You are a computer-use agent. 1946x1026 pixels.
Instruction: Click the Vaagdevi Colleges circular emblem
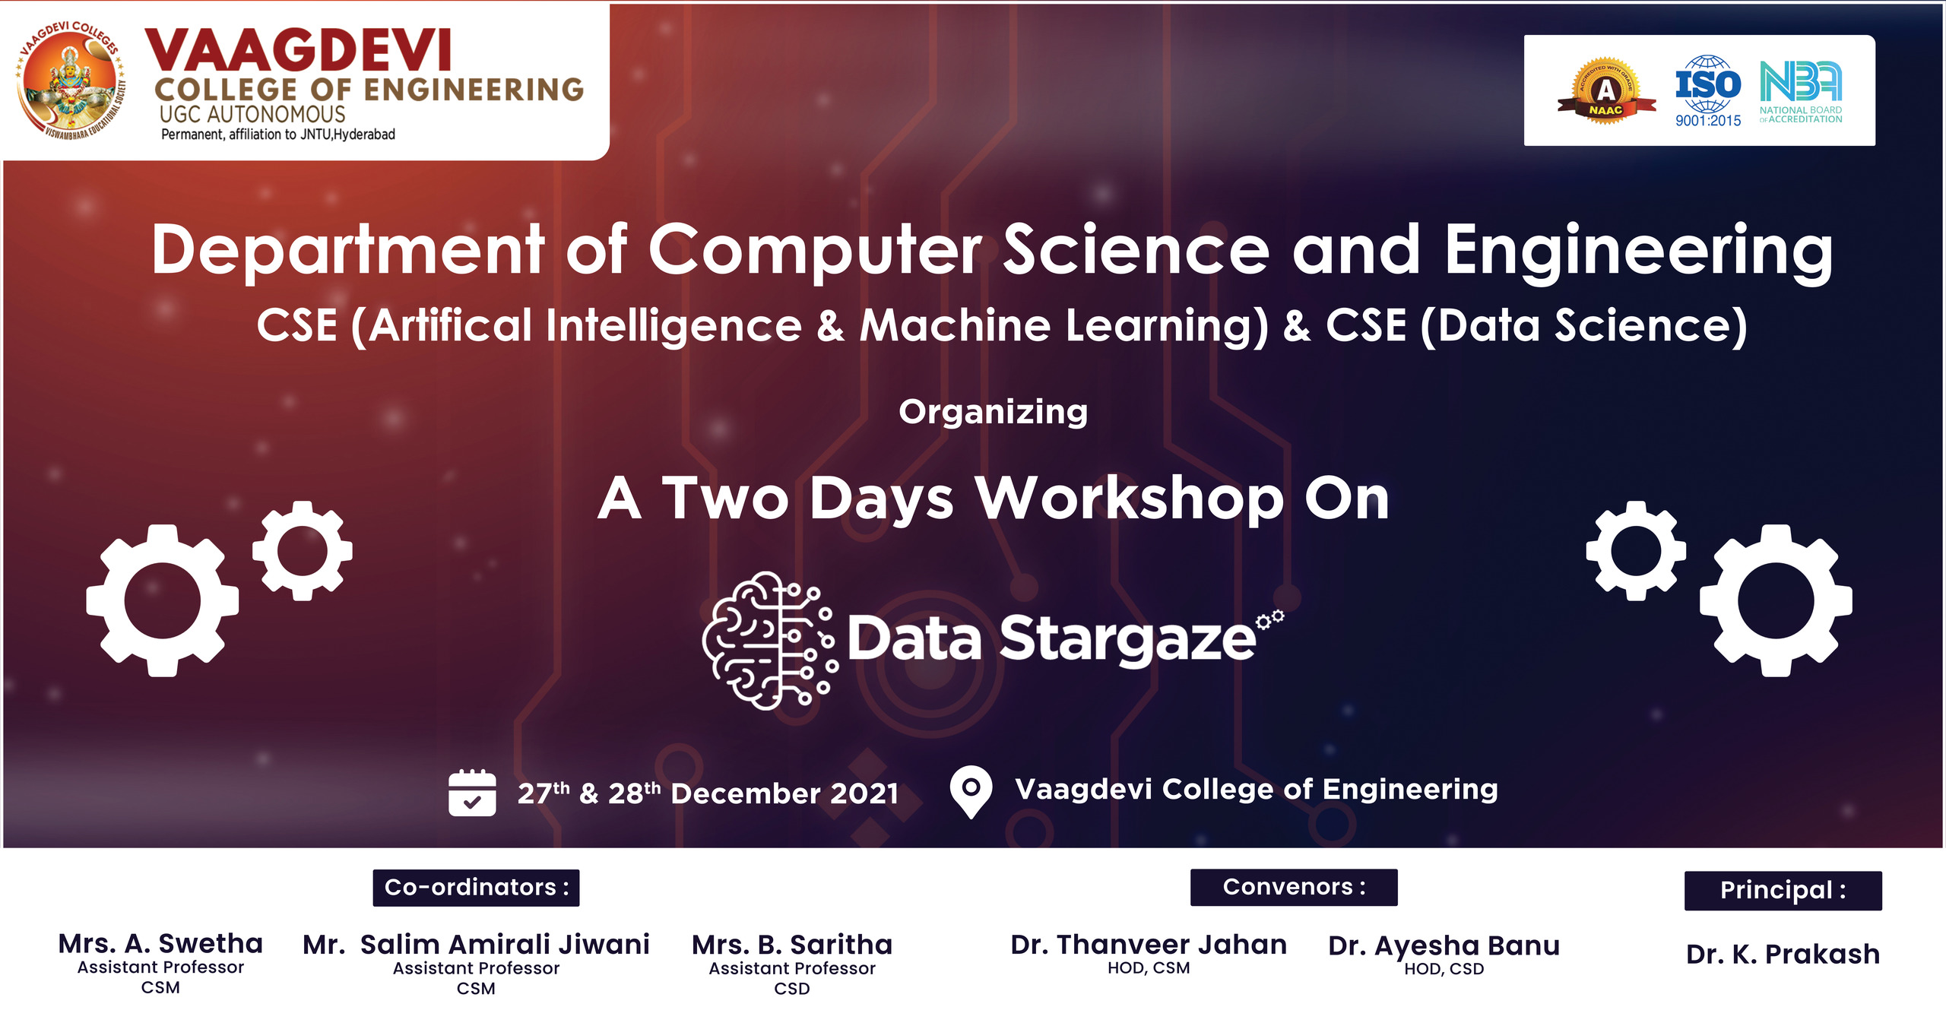(x=70, y=81)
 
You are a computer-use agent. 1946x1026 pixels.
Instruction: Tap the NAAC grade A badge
(x=1605, y=90)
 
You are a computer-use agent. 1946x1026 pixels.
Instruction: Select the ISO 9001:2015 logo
(x=1708, y=90)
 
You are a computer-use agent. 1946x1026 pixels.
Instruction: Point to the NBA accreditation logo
(x=1801, y=92)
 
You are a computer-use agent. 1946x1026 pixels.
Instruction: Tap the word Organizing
(x=993, y=413)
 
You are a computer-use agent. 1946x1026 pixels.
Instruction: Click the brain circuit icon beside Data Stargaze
(x=770, y=641)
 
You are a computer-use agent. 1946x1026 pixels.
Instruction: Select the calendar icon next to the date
(x=472, y=793)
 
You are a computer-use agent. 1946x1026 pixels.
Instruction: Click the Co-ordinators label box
(x=476, y=888)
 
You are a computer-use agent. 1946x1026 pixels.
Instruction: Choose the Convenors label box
(x=1294, y=887)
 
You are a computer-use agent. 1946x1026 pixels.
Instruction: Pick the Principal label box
(x=1783, y=890)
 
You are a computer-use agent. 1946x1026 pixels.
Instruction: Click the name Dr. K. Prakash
(x=1783, y=954)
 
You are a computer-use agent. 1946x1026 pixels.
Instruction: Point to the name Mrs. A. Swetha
(x=160, y=943)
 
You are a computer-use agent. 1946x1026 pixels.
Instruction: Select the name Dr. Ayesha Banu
(x=1444, y=946)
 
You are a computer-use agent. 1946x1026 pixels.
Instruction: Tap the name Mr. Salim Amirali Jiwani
(x=476, y=945)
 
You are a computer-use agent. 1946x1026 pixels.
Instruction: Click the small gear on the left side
(x=303, y=551)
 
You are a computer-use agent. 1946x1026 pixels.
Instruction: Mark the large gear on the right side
(x=1776, y=600)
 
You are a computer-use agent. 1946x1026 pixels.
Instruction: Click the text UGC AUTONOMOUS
(x=252, y=115)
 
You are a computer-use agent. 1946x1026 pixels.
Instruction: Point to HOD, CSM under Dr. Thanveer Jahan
(x=1149, y=968)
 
